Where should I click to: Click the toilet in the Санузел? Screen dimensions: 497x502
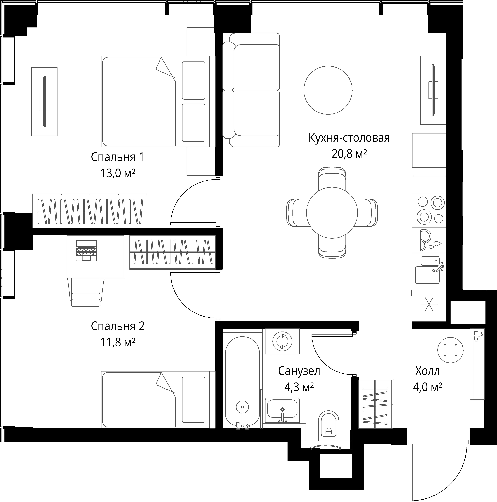coord(328,426)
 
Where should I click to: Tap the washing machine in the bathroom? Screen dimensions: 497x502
coord(282,341)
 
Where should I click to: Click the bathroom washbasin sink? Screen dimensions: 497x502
coord(282,410)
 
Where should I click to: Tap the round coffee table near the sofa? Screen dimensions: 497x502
coord(328,90)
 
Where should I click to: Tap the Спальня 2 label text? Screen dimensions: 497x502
coord(118,326)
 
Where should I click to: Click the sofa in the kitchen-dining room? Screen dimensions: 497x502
coord(251,90)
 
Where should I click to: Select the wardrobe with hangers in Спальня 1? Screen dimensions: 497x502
coord(90,211)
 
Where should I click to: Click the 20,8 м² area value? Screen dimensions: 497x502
coord(349,154)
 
